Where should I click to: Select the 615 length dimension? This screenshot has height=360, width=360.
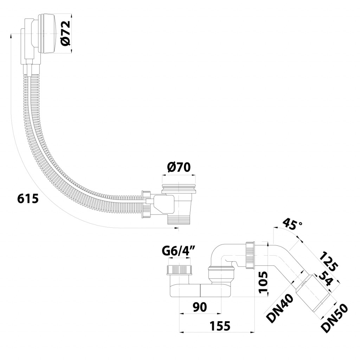point(28,199)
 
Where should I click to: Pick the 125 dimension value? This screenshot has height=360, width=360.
point(329,261)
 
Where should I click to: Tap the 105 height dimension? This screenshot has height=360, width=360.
point(263,282)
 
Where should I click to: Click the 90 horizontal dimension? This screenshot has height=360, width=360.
point(200,307)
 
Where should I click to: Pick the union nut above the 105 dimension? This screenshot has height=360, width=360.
point(250,255)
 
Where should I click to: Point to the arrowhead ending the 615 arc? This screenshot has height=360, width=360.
point(176,228)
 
